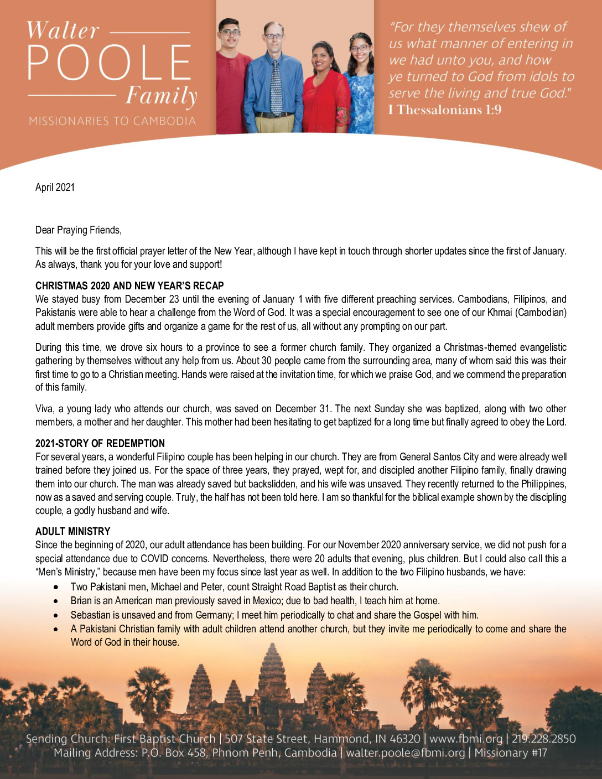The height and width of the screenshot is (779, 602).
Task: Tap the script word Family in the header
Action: click(x=161, y=96)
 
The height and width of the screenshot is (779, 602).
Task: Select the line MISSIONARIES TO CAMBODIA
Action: click(x=112, y=121)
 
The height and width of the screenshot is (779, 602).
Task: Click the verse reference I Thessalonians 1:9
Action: click(x=445, y=110)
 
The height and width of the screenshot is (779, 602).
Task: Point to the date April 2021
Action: click(x=55, y=187)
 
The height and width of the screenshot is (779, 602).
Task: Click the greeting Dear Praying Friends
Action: click(x=78, y=230)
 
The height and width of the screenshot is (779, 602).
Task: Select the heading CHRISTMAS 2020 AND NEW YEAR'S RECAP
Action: click(x=129, y=285)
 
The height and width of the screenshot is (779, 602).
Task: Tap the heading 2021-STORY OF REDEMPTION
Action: click(x=100, y=443)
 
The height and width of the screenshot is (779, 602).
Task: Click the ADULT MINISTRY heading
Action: click(x=73, y=531)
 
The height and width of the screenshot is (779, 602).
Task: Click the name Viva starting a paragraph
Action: click(x=44, y=409)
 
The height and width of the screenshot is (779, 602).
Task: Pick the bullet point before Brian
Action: click(x=56, y=601)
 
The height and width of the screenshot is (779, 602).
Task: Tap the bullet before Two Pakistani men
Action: click(x=56, y=586)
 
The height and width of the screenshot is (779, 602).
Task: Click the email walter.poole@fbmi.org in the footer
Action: click(x=406, y=753)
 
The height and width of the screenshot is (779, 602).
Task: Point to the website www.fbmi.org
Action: click(x=466, y=739)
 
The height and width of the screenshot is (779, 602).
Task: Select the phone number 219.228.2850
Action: click(x=543, y=739)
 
